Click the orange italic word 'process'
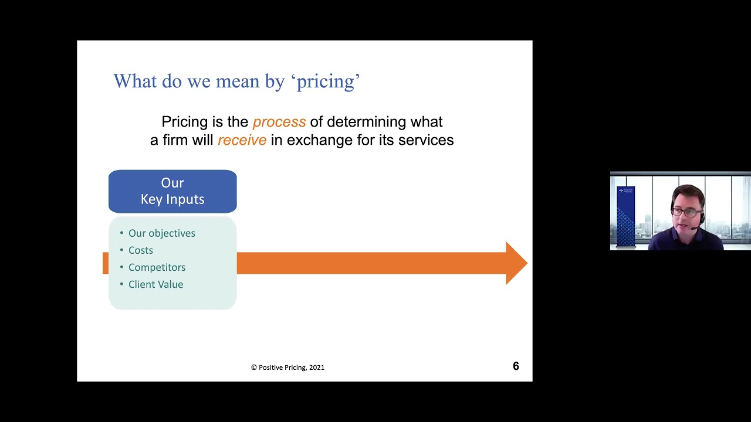(x=279, y=122)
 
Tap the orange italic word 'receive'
(x=242, y=140)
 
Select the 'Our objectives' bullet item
(x=161, y=233)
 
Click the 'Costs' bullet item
(x=140, y=250)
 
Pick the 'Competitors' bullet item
(x=157, y=267)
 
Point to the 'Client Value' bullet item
(x=155, y=284)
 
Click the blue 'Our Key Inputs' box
(x=172, y=191)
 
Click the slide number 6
(x=516, y=366)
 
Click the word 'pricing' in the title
(x=326, y=81)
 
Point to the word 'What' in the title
(x=135, y=81)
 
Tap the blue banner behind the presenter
(x=625, y=216)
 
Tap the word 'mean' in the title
(x=238, y=81)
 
